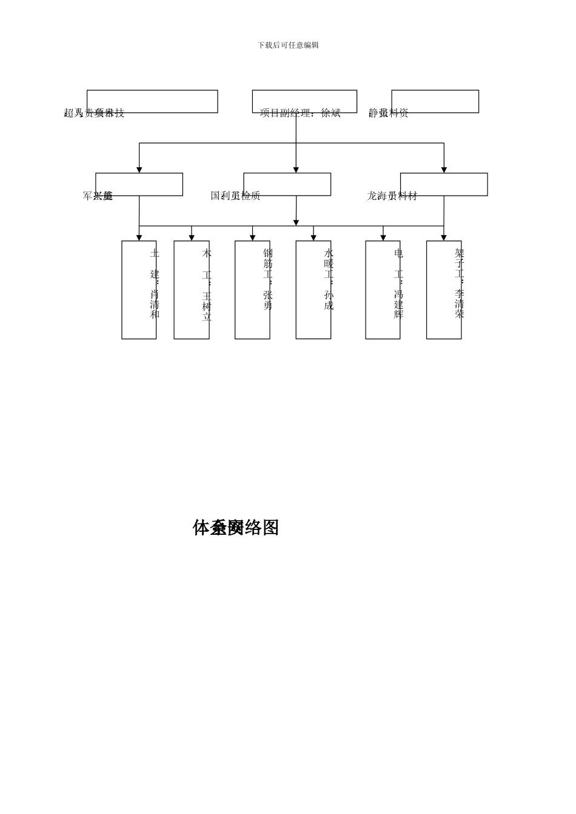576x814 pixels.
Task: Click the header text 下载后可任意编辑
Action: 288,45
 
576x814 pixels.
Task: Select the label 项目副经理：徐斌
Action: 300,113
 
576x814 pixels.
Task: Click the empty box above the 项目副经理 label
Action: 304,101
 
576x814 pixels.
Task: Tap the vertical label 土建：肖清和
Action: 155,283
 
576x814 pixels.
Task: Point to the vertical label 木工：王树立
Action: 207,285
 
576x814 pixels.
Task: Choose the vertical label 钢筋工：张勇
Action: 267,279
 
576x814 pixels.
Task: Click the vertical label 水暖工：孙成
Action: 329,279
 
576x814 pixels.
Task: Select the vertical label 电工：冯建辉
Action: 398,283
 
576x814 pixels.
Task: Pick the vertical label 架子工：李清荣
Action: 460,283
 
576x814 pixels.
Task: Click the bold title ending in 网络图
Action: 236,528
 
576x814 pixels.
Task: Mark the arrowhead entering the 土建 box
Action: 139,237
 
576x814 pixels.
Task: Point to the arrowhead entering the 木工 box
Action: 192,237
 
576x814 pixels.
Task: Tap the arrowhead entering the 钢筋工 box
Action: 253,237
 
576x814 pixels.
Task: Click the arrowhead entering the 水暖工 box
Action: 313,237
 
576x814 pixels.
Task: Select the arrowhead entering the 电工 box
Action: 383,237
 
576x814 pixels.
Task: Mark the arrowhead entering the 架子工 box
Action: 444,237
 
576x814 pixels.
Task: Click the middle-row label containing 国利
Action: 235,196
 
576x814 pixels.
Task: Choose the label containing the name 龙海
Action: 392,196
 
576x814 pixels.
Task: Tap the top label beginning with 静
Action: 389,113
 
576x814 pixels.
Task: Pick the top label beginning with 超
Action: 94,113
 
